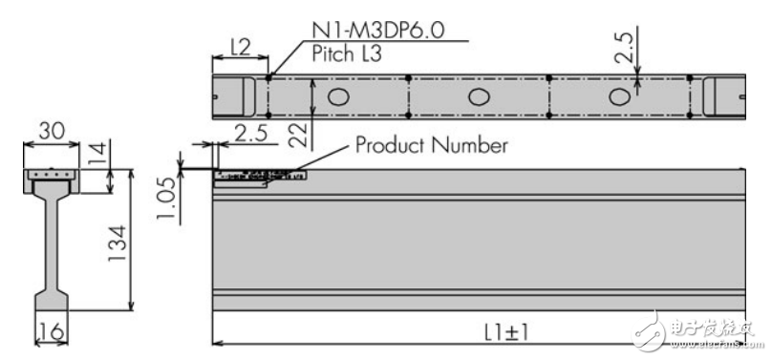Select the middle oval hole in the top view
pos(478,95)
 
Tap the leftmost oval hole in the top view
pos(337,95)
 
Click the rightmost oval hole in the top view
pos(619,95)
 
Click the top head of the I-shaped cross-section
pos(53,178)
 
